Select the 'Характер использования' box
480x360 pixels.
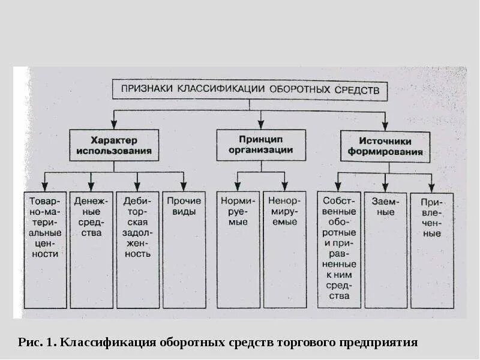click(x=113, y=145)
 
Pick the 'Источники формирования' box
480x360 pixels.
click(x=385, y=147)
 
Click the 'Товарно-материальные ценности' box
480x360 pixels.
click(x=45, y=249)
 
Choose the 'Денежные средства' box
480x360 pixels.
click(x=91, y=249)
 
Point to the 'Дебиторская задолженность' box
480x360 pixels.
click(x=137, y=249)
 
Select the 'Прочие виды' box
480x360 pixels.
click(x=184, y=249)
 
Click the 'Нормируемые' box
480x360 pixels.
click(x=238, y=249)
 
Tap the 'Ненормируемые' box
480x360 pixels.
click(x=284, y=249)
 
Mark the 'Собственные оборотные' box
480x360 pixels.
click(x=339, y=249)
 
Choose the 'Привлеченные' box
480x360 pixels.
click(x=431, y=249)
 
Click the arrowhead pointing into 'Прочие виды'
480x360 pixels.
click(x=184, y=187)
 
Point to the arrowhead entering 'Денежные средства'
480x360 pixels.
click(x=91, y=187)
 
